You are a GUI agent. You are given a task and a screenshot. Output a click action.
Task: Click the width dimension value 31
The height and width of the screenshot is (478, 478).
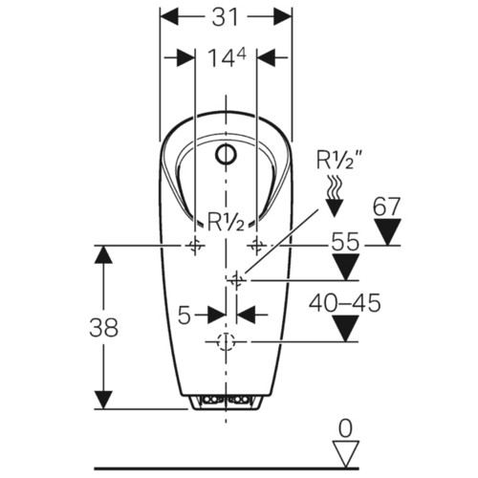click(x=226, y=17)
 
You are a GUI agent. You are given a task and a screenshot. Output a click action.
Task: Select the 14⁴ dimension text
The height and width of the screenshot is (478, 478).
click(x=227, y=58)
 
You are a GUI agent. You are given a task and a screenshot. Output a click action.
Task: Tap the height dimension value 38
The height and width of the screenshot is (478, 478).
click(x=104, y=327)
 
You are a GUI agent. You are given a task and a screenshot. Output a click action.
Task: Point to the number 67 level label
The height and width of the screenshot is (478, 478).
click(x=386, y=206)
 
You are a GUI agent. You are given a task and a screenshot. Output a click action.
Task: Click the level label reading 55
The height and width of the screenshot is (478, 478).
click(x=345, y=241)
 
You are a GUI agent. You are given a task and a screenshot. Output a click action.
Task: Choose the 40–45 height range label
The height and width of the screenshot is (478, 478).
click(x=344, y=303)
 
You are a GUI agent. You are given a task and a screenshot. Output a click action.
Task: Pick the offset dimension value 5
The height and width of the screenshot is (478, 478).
click(x=185, y=315)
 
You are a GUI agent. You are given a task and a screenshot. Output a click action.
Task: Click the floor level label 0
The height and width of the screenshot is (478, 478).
click(x=345, y=428)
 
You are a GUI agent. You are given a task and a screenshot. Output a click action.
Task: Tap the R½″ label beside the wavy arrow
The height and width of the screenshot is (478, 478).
click(x=340, y=160)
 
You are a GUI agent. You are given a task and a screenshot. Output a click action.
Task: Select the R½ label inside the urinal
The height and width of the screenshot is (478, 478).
click(x=226, y=221)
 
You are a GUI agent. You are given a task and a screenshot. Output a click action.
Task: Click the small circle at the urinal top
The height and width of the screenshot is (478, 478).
click(x=226, y=155)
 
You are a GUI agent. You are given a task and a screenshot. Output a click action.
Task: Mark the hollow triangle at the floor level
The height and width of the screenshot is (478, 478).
click(x=346, y=454)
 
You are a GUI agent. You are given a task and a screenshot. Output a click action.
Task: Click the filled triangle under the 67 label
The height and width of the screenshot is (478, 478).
click(x=387, y=231)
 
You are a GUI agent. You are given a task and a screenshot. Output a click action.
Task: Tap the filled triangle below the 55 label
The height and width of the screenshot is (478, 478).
click(x=346, y=267)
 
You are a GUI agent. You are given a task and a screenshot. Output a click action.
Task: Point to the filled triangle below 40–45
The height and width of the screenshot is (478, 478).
click(x=345, y=329)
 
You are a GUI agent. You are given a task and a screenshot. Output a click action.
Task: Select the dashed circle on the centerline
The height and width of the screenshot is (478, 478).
click(x=226, y=342)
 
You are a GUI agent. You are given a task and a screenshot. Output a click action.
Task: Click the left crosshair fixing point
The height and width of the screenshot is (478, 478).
click(x=195, y=246)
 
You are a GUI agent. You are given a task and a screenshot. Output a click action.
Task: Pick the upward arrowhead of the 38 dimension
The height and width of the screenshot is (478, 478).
click(x=103, y=254)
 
